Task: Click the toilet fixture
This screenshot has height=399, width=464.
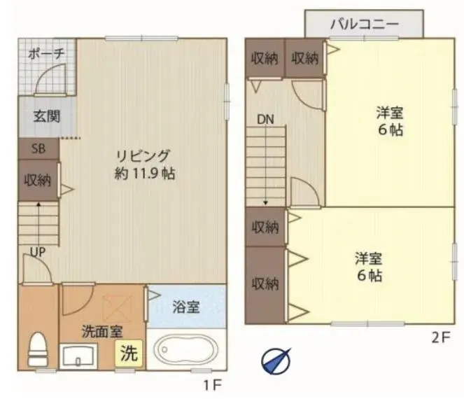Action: click(38, 349)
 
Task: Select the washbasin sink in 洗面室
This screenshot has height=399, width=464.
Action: click(78, 356)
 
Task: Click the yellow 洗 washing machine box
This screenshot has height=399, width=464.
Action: click(129, 353)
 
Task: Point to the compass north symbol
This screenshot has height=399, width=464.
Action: click(276, 360)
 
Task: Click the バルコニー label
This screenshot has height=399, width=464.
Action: click(365, 24)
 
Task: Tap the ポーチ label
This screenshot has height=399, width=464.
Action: click(46, 54)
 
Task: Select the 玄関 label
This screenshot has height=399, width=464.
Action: click(47, 116)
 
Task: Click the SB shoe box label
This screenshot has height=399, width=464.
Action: click(38, 148)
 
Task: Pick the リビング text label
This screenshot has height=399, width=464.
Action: click(143, 156)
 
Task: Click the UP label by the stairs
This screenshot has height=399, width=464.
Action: click(38, 252)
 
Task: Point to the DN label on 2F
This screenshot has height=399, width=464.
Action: click(265, 119)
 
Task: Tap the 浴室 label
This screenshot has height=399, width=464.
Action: click(186, 307)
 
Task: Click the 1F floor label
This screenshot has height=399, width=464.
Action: click(213, 385)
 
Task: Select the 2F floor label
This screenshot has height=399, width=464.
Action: click(441, 337)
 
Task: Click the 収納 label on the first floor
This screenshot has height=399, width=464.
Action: click(38, 180)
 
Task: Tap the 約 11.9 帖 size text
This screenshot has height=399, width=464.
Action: click(145, 174)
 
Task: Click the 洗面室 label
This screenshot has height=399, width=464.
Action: click(102, 332)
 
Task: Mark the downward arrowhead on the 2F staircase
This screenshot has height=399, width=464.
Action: click(265, 203)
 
